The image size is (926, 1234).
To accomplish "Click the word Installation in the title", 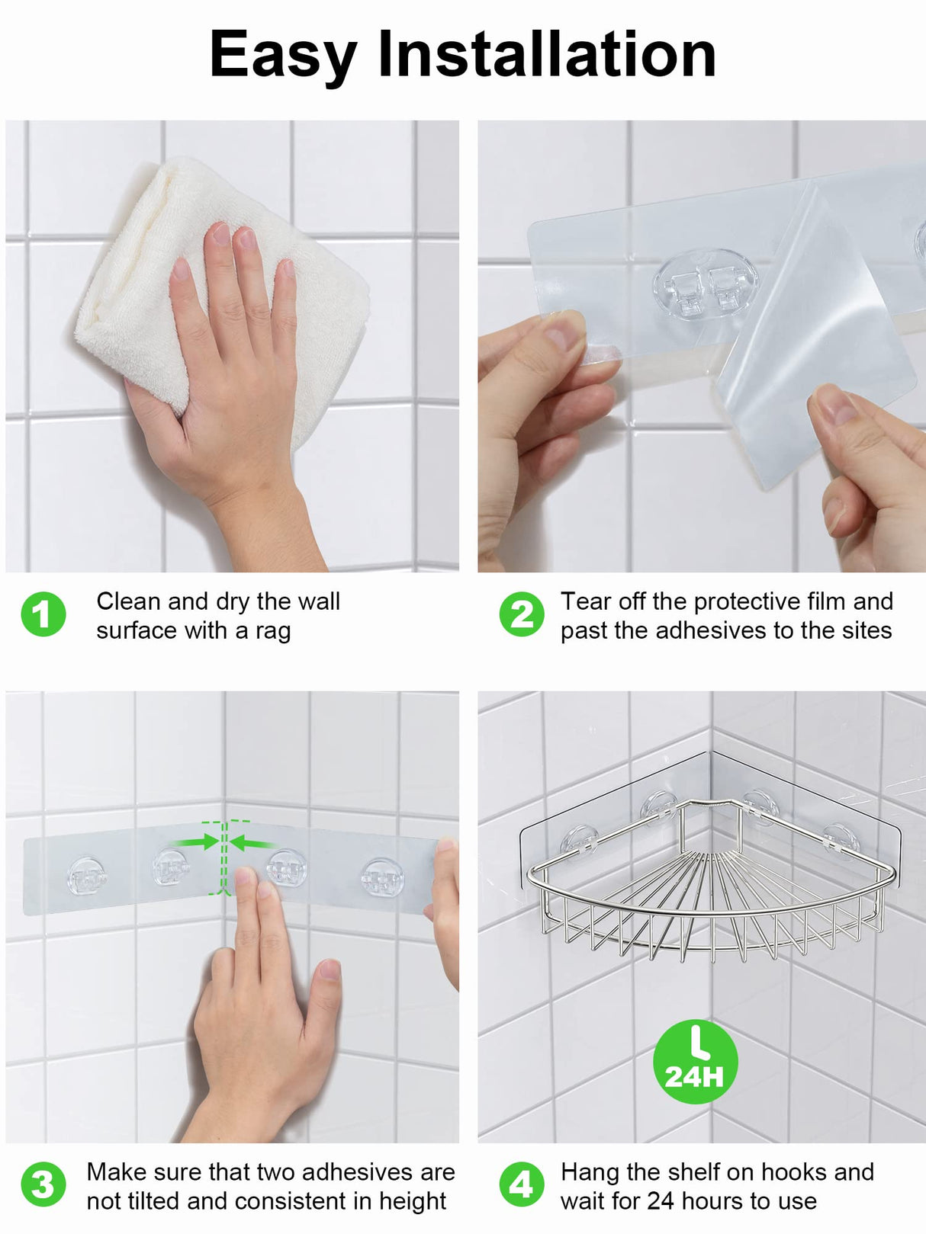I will click(x=547, y=55).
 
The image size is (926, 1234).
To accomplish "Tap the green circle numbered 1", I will click(x=43, y=614).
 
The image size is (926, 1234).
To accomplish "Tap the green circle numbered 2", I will click(x=522, y=614).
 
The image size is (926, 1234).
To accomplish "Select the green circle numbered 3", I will click(x=43, y=1184).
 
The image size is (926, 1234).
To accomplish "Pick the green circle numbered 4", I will click(x=522, y=1184).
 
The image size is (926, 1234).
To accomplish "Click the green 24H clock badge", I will click(x=695, y=1061).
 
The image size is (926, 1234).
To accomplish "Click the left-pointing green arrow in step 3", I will click(x=252, y=842).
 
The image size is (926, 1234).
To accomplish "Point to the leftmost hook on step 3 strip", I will click(x=87, y=877).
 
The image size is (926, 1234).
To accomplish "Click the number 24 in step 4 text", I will click(x=660, y=1201).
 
